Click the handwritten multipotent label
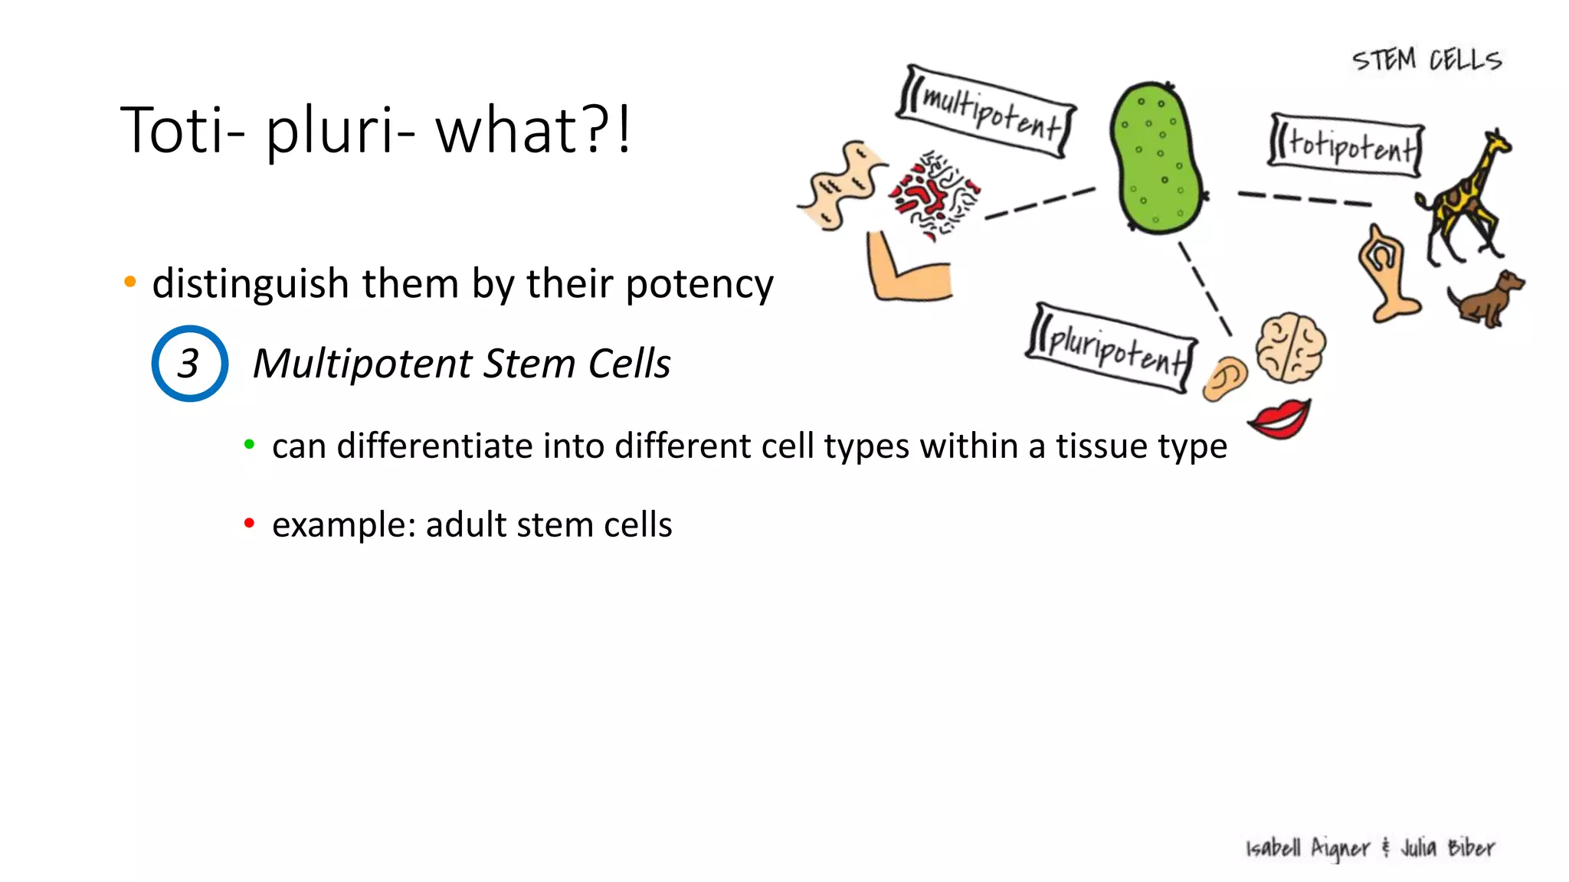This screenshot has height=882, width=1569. (x=987, y=113)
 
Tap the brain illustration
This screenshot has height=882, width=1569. (x=1292, y=348)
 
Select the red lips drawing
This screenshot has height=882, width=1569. (x=1279, y=420)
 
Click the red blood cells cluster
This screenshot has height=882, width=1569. (x=935, y=196)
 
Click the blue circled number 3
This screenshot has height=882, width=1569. (x=189, y=364)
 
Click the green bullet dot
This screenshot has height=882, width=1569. (x=249, y=444)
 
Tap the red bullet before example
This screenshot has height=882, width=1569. (x=249, y=524)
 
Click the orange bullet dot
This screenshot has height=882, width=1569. (x=130, y=283)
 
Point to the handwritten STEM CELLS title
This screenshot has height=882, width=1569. (x=1427, y=60)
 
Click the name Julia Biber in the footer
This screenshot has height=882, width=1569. (x=1447, y=848)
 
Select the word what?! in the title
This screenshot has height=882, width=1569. (x=533, y=130)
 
